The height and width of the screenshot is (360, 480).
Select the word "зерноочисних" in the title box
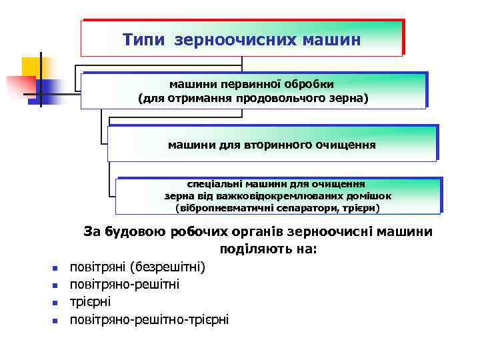tap(228, 40)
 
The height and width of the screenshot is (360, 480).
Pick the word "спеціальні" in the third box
tap(215, 183)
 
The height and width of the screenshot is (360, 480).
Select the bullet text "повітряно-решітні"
tap(125, 285)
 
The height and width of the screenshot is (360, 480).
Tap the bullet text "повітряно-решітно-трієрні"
tap(149, 319)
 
